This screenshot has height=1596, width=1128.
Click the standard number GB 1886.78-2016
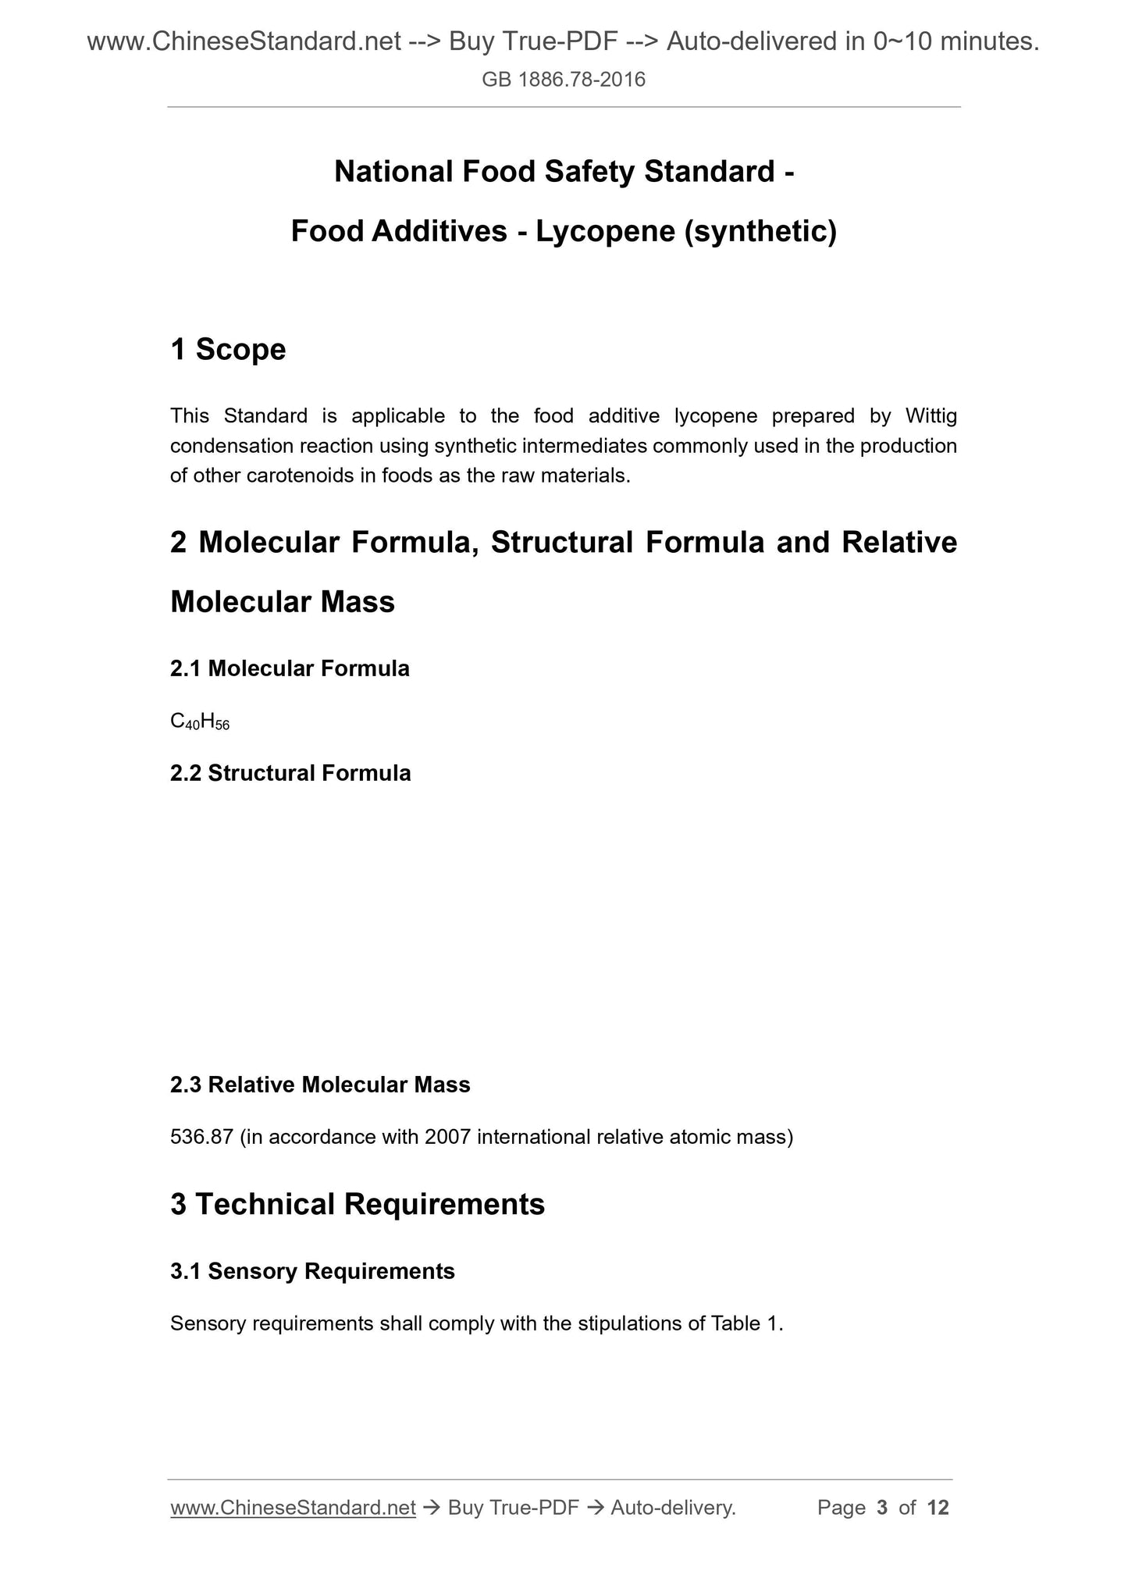click(x=564, y=80)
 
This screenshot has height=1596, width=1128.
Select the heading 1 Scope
click(x=228, y=349)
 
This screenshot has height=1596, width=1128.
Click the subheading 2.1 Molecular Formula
click(x=290, y=668)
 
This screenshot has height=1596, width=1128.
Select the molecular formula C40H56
click(x=200, y=722)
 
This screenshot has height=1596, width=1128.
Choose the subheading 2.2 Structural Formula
click(x=290, y=773)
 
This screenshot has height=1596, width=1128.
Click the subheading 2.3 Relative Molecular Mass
click(x=320, y=1085)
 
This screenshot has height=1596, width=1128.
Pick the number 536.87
click(x=201, y=1137)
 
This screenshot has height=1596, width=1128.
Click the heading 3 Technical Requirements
click(x=358, y=1204)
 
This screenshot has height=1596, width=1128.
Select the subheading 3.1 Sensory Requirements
click(x=312, y=1271)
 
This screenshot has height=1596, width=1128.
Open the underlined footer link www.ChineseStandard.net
click(x=293, y=1508)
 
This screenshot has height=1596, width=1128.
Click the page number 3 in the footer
click(x=882, y=1508)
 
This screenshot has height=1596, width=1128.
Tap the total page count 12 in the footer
click(x=938, y=1508)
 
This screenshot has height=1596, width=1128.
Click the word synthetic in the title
click(x=759, y=231)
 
